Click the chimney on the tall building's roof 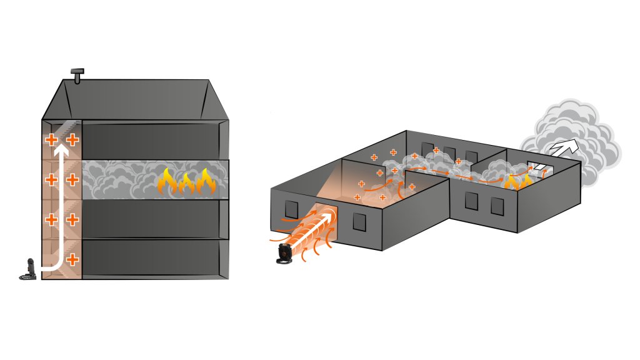(x=77, y=76)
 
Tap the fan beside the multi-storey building (x=28, y=269)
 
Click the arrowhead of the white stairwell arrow (x=61, y=151)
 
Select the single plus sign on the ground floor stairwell (x=72, y=259)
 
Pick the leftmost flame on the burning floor (x=167, y=182)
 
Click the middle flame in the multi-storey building (x=187, y=183)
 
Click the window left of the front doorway (x=291, y=209)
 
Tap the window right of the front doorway (x=359, y=222)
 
